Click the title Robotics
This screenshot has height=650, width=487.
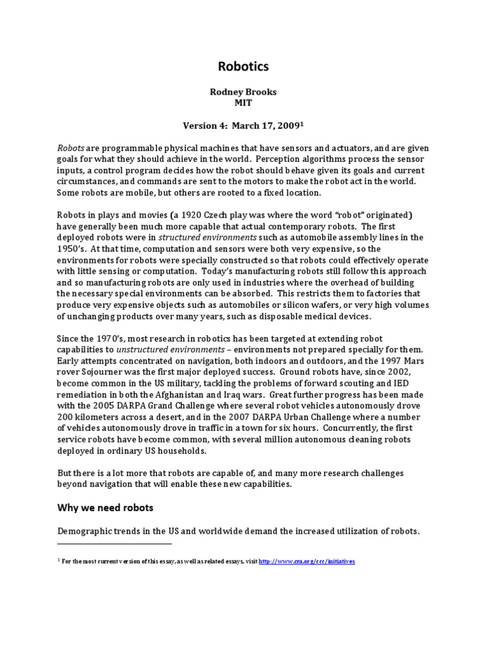coord(243,67)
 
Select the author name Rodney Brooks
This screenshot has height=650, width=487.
coord(243,91)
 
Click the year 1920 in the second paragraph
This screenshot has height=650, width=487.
coord(169,215)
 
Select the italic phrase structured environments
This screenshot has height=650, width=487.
coord(202,237)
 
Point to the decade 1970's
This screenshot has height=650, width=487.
coord(110,339)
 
